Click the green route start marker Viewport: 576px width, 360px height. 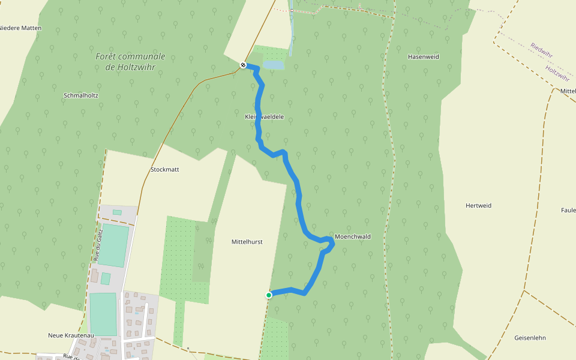(x=269, y=295)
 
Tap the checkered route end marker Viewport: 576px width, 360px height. (x=244, y=65)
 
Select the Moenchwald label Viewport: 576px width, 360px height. (x=353, y=237)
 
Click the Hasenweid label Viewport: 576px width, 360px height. (x=424, y=57)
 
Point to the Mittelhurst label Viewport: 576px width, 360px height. (x=247, y=242)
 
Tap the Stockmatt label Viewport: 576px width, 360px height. (x=165, y=170)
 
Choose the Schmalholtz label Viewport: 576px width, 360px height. (x=81, y=95)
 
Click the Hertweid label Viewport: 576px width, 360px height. (x=478, y=206)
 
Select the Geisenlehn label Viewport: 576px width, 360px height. (x=530, y=338)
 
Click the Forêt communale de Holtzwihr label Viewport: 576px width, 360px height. (x=130, y=62)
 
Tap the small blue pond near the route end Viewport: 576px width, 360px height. (x=273, y=65)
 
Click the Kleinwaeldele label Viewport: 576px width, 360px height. (x=265, y=116)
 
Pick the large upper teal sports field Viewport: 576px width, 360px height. (x=113, y=245)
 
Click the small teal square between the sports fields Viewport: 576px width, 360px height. (x=106, y=278)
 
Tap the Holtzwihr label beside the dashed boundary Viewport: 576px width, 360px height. (x=556, y=74)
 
